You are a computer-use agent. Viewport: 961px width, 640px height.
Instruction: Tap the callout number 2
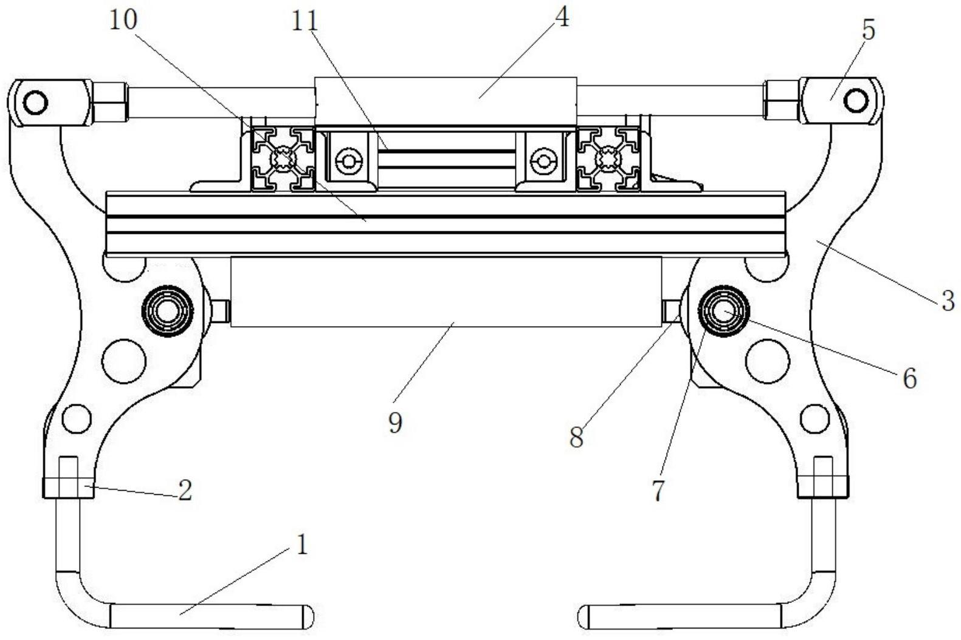(x=185, y=490)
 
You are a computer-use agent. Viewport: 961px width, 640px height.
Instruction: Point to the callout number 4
(x=562, y=18)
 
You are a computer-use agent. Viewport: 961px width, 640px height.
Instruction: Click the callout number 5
(x=869, y=30)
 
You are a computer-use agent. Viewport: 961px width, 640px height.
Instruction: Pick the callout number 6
(x=909, y=378)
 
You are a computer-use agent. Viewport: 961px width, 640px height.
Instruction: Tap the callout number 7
(x=658, y=490)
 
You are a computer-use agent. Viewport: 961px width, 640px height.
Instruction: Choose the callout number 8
(x=576, y=436)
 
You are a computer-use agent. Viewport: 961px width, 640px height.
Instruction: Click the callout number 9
(x=395, y=423)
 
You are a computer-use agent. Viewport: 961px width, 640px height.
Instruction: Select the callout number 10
(x=123, y=20)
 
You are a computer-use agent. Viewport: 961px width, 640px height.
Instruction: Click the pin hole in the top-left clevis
(x=36, y=101)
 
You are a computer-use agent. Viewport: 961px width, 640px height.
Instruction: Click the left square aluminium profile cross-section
(x=283, y=160)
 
